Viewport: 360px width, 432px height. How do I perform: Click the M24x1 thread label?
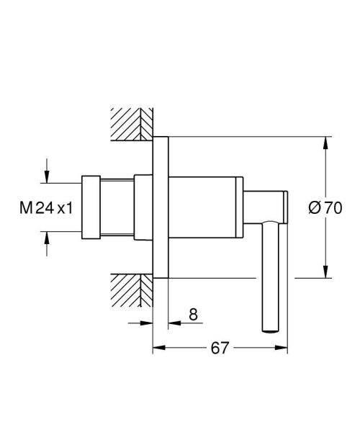pos(46,208)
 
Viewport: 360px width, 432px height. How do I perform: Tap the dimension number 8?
pos(192,315)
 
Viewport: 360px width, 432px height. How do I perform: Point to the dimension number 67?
pos(220,348)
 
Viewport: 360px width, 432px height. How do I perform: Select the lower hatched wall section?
pos(131,289)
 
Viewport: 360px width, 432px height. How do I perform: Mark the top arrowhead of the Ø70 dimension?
pos(327,143)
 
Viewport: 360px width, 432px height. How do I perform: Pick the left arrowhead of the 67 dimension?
pos(159,348)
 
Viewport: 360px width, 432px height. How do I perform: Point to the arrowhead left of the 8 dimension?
pos(147,323)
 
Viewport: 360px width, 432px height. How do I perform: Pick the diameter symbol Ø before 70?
pos(315,208)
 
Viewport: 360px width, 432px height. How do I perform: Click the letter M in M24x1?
pos(24,208)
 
